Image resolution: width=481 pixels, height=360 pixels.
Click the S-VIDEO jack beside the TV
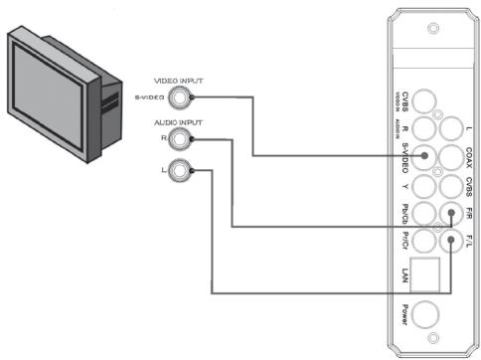pyautogui.click(x=181, y=97)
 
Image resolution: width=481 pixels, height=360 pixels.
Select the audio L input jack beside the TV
pyautogui.click(x=179, y=171)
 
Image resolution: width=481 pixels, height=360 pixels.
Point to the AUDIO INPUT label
pyautogui.click(x=177, y=120)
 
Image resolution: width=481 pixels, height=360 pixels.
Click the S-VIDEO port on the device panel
pyautogui.click(x=424, y=156)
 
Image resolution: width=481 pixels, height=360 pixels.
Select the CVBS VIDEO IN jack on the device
pyautogui.click(x=427, y=100)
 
